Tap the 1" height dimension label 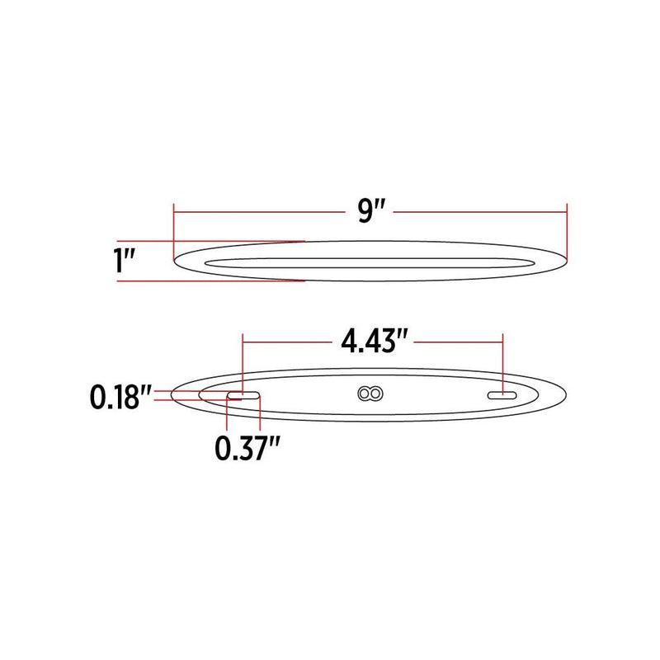click(125, 262)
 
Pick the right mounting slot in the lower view click(502, 396)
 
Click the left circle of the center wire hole click(365, 394)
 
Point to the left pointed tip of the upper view click(175, 262)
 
